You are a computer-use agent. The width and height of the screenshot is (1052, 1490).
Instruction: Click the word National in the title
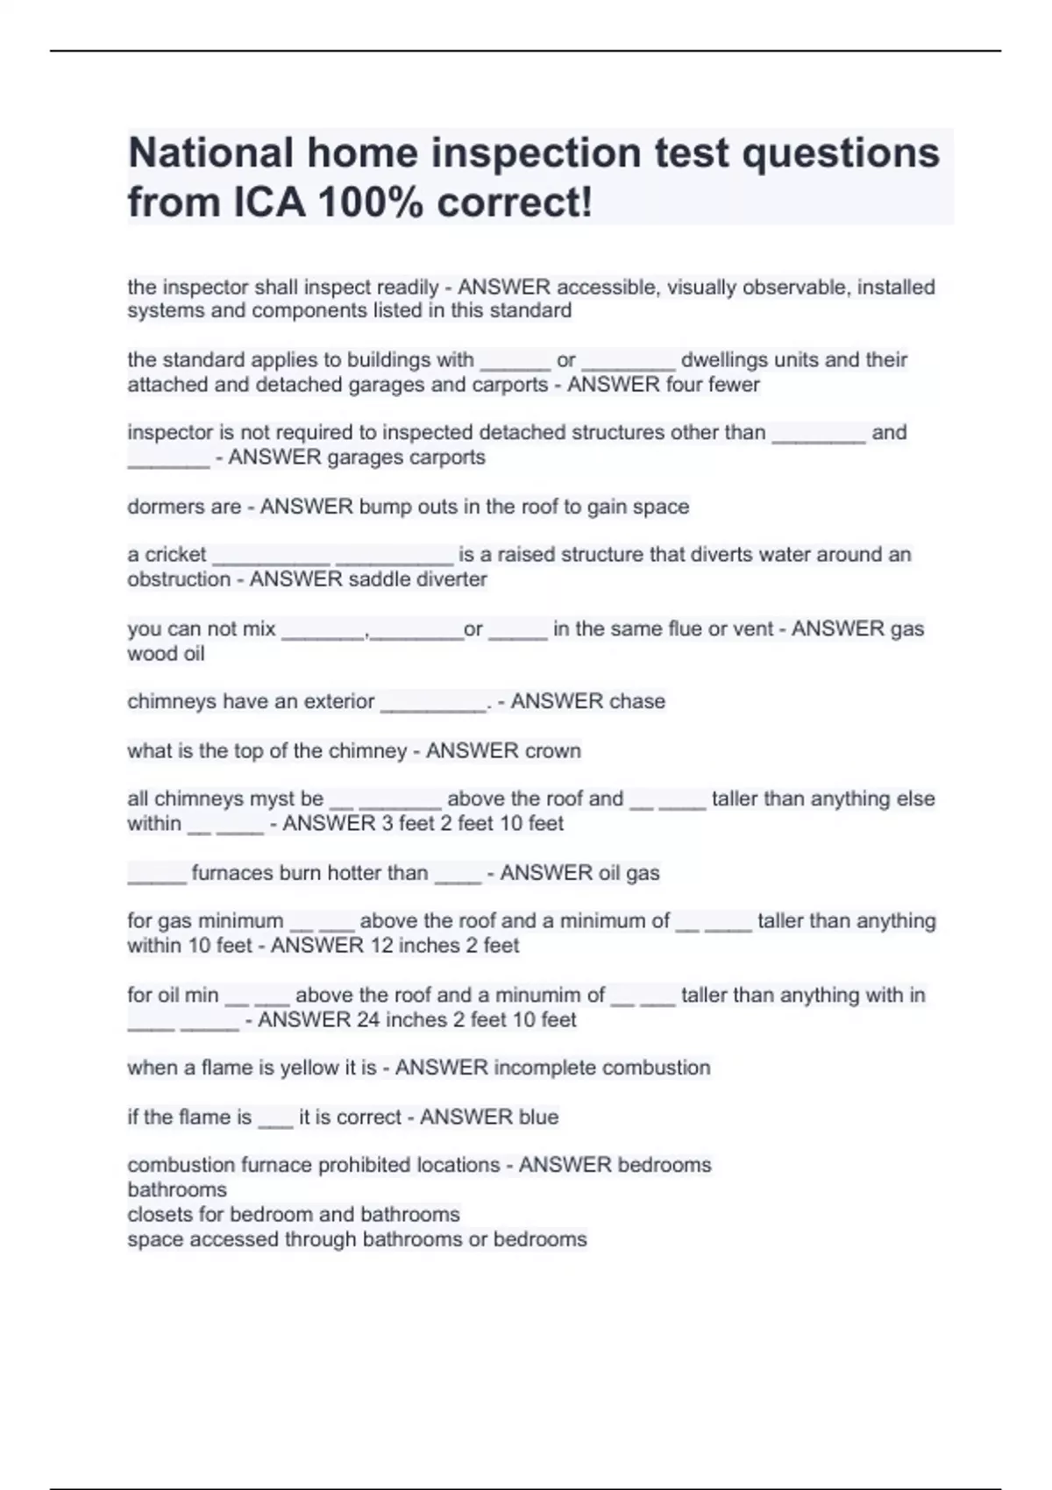click(211, 153)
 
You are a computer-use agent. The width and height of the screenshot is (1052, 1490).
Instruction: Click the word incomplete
click(544, 1068)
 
